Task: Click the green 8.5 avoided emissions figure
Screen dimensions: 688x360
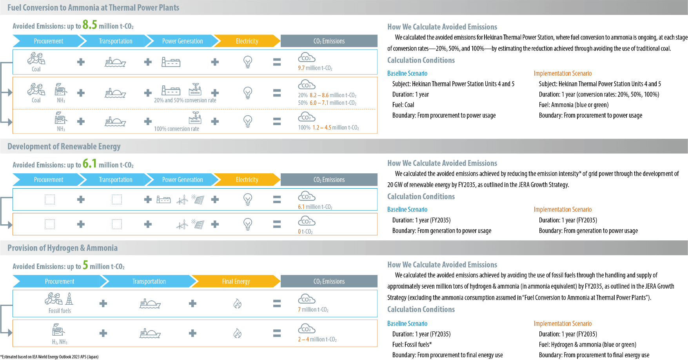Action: (90, 25)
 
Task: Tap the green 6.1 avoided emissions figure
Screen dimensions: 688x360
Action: (90, 164)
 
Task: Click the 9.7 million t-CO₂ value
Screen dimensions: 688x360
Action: (315, 68)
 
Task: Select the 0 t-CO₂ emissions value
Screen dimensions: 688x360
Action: (305, 232)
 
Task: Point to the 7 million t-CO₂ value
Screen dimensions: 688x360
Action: (313, 310)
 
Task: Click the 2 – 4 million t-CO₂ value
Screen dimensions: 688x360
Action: (317, 340)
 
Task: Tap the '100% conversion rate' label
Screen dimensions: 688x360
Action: (176, 129)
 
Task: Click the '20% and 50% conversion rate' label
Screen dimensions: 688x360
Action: (185, 100)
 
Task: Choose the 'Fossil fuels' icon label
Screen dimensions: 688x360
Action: (60, 311)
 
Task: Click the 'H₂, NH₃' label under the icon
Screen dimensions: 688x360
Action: (60, 342)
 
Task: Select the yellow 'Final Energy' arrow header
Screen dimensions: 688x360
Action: (236, 281)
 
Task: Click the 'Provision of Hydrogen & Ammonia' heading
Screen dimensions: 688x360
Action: (63, 248)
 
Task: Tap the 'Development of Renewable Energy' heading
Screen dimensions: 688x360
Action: (64, 146)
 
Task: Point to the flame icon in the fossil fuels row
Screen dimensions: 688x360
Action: (238, 304)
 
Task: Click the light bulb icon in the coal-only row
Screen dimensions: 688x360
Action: (248, 62)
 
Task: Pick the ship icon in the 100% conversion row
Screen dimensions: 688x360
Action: (115, 122)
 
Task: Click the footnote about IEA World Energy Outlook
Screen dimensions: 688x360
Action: (49, 357)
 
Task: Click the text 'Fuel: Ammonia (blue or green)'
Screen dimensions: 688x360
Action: (574, 105)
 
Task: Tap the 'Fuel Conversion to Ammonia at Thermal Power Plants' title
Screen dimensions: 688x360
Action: (93, 7)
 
